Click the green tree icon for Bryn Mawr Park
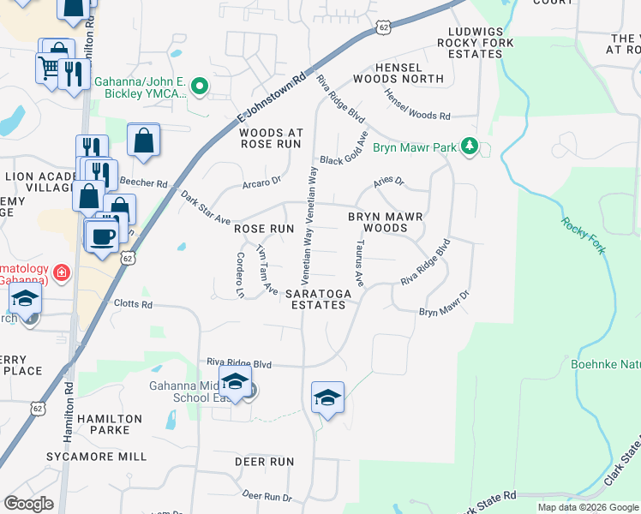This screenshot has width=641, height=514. (469, 146)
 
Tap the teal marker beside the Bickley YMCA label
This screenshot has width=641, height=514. (200, 85)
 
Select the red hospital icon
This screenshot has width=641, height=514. (61, 273)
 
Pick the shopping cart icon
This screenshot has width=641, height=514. (47, 68)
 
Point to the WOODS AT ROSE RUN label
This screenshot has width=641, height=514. (271, 139)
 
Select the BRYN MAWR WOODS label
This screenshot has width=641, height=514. (385, 223)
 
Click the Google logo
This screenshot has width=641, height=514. (30, 504)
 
